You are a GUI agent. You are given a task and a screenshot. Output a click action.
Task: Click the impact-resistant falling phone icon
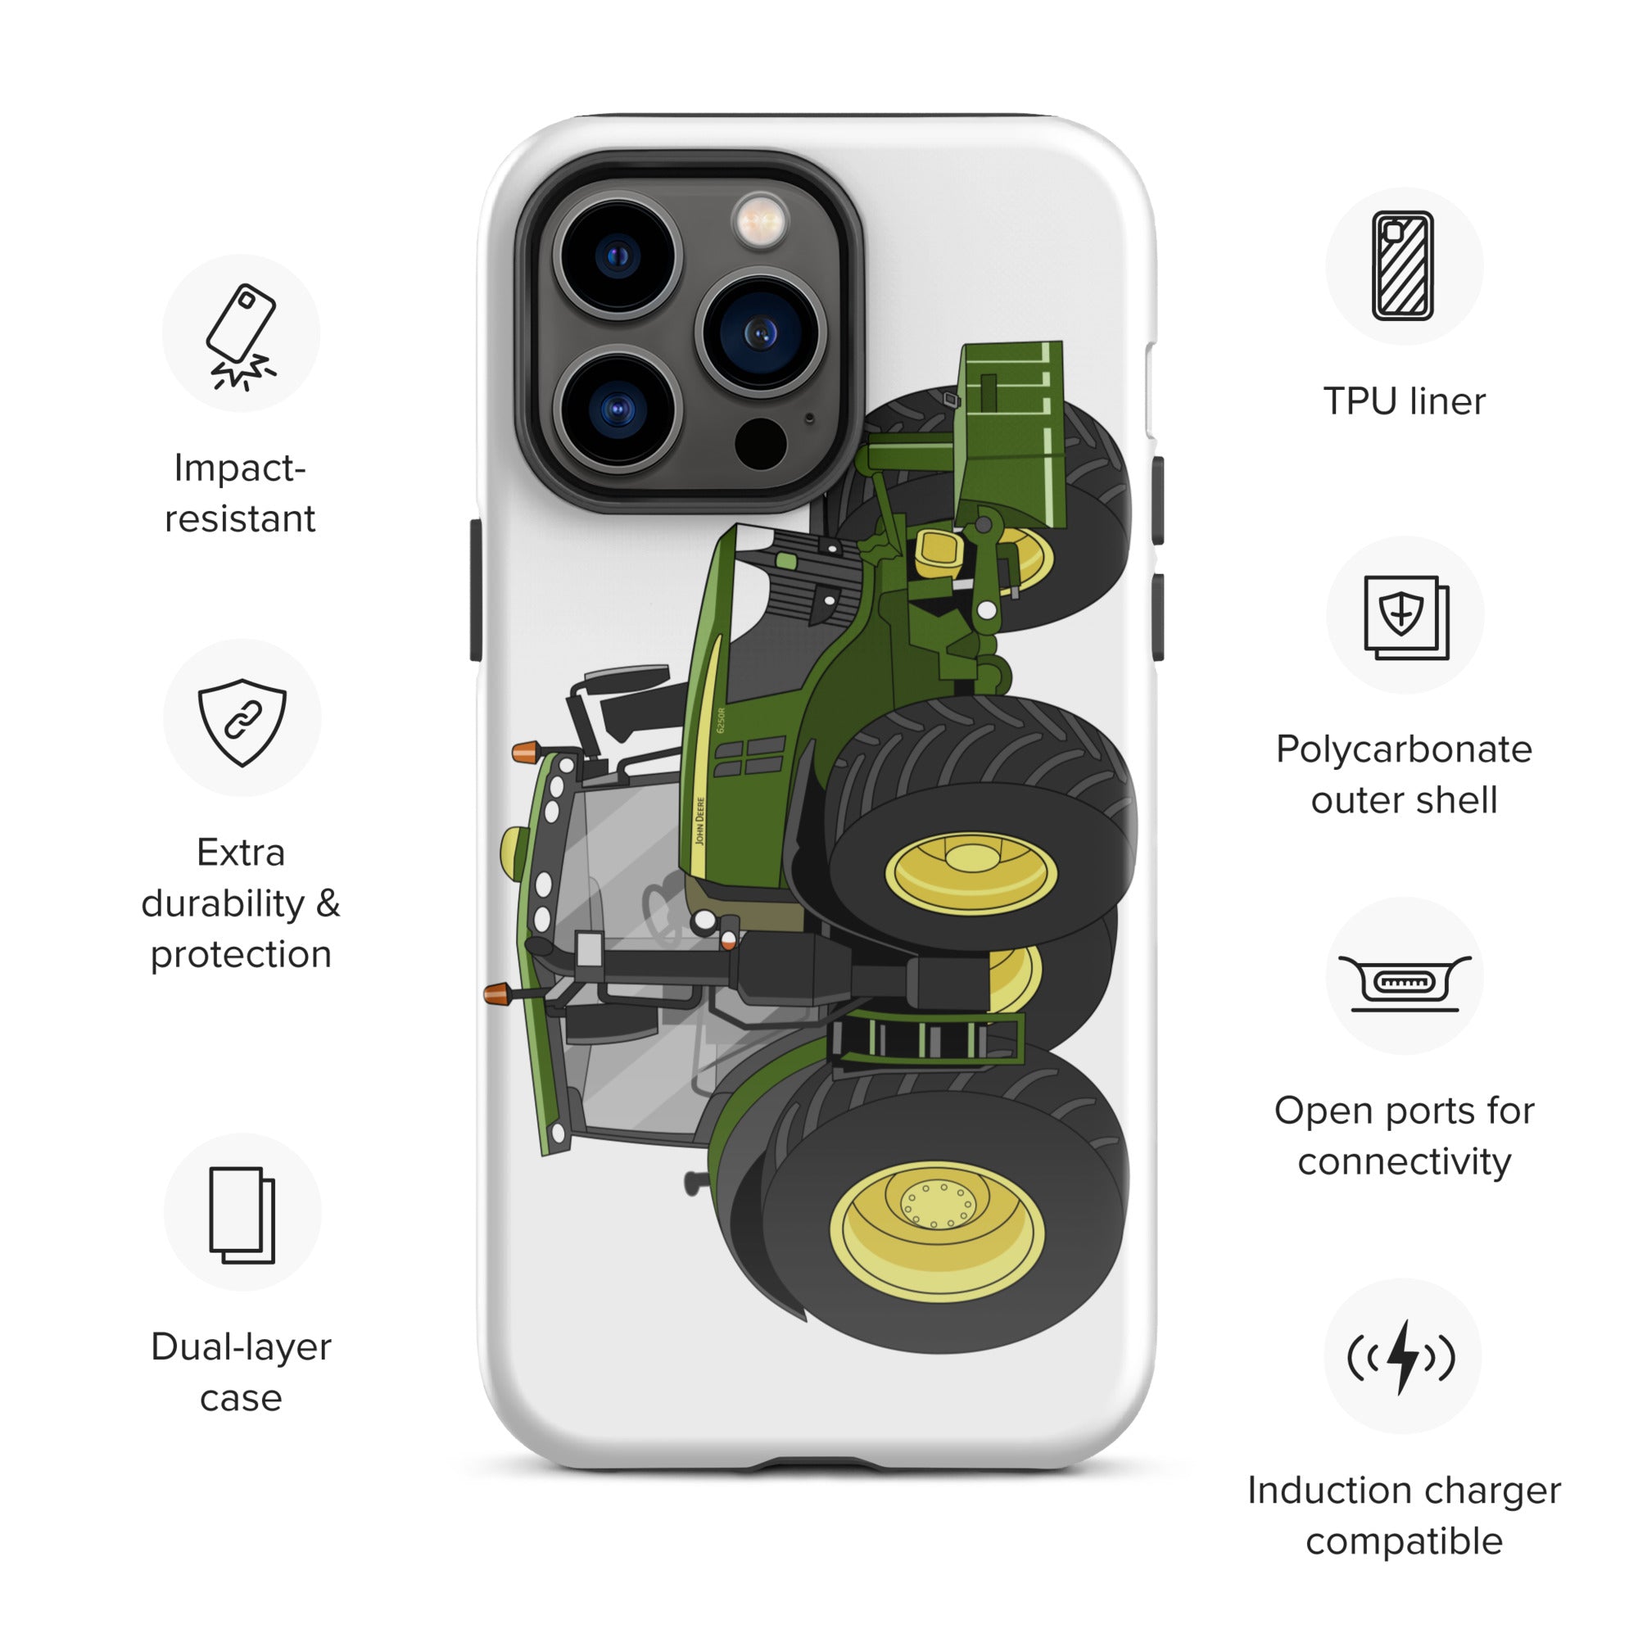click(241, 336)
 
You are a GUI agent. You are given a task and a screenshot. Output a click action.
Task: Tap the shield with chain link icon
click(242, 722)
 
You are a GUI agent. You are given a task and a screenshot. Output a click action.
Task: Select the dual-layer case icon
click(242, 1215)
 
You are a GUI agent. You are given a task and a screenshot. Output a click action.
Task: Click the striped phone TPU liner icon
click(1403, 265)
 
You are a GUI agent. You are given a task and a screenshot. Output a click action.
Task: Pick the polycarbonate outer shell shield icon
click(1405, 617)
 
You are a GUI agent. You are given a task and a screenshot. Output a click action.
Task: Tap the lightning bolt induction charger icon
click(1402, 1356)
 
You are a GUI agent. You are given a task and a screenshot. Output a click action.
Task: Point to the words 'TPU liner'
click(1404, 401)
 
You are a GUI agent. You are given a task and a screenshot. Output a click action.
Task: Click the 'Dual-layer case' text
click(241, 1372)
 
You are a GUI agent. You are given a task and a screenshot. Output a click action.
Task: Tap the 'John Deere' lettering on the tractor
click(700, 821)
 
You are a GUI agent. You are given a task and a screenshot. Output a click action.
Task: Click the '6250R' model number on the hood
click(722, 720)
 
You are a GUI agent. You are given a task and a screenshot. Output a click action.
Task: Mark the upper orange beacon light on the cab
click(525, 751)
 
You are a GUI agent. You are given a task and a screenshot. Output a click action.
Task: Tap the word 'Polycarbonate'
click(1404, 749)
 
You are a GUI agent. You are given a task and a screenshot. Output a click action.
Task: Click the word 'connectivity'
click(1404, 1161)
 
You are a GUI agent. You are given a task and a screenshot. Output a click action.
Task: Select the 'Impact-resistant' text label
click(240, 492)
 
